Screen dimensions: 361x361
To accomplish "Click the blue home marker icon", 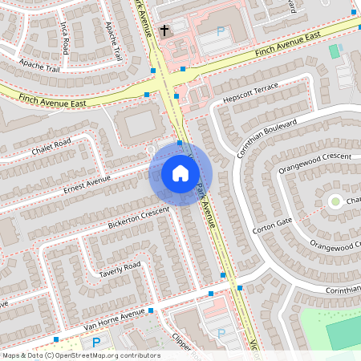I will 180,172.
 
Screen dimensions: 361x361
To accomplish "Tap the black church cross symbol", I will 164,30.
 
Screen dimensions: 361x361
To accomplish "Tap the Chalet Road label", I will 52,148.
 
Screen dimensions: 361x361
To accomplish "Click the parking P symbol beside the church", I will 221,32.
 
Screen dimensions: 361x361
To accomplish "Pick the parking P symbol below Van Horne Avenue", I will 96,343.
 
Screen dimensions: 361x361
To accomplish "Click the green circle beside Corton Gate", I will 335,201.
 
